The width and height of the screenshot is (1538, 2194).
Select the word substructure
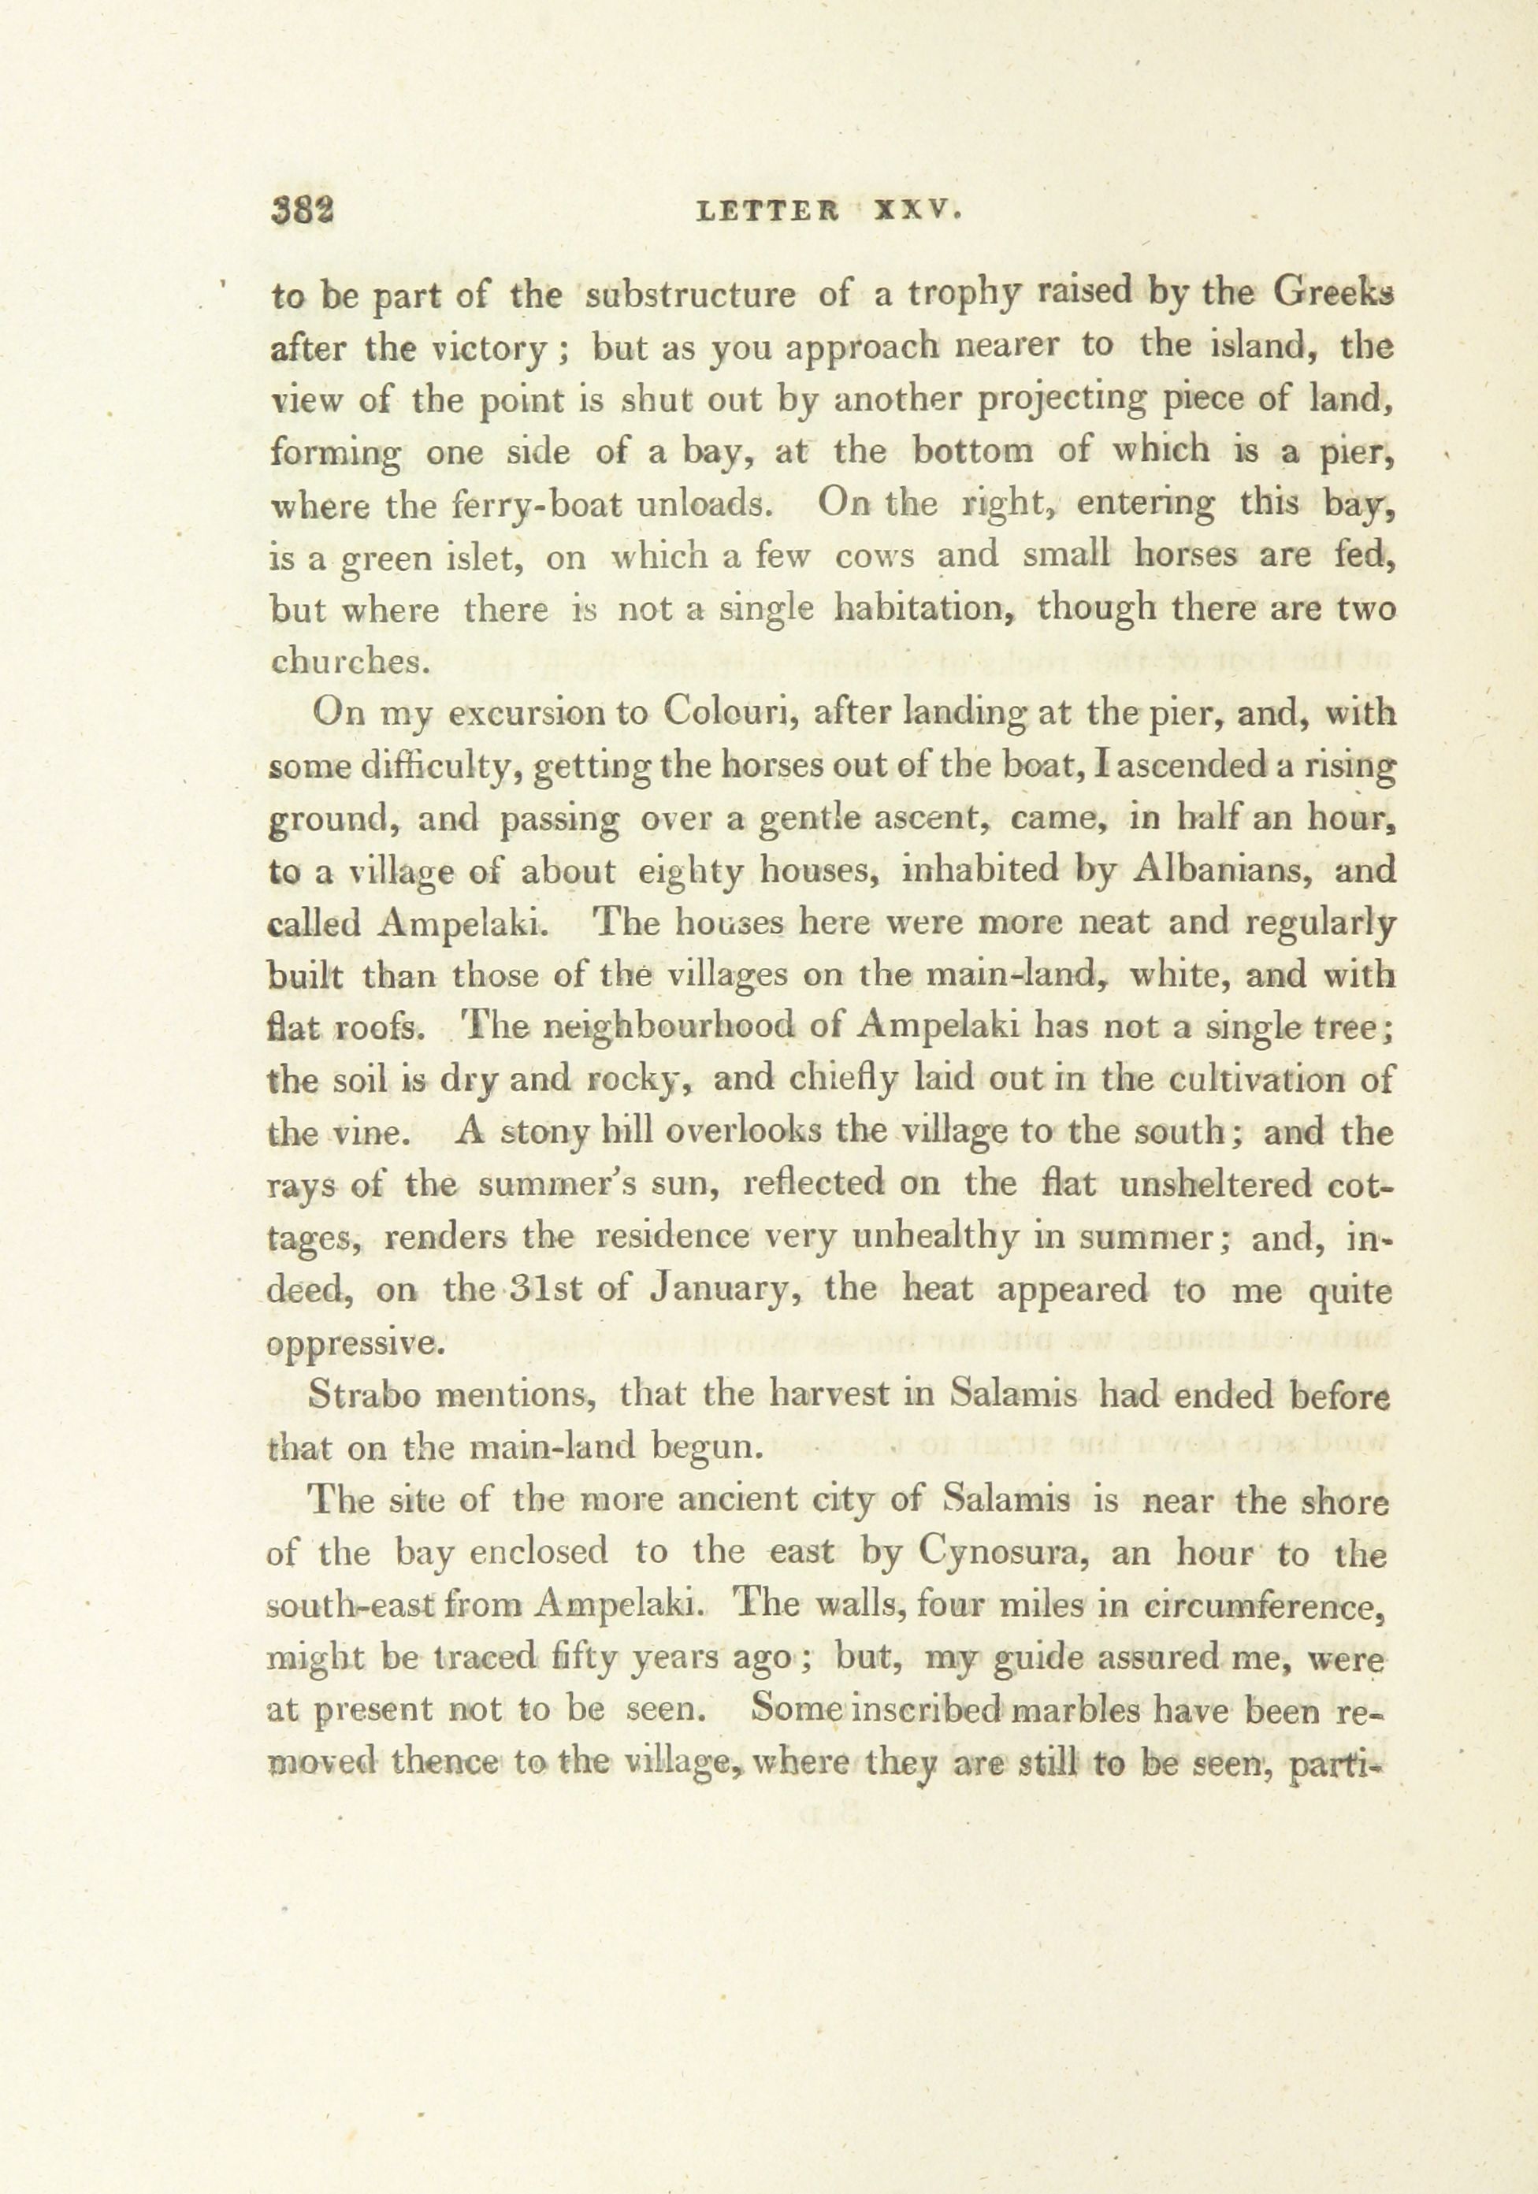pos(690,295)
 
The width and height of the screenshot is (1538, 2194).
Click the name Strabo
pos(363,1394)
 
